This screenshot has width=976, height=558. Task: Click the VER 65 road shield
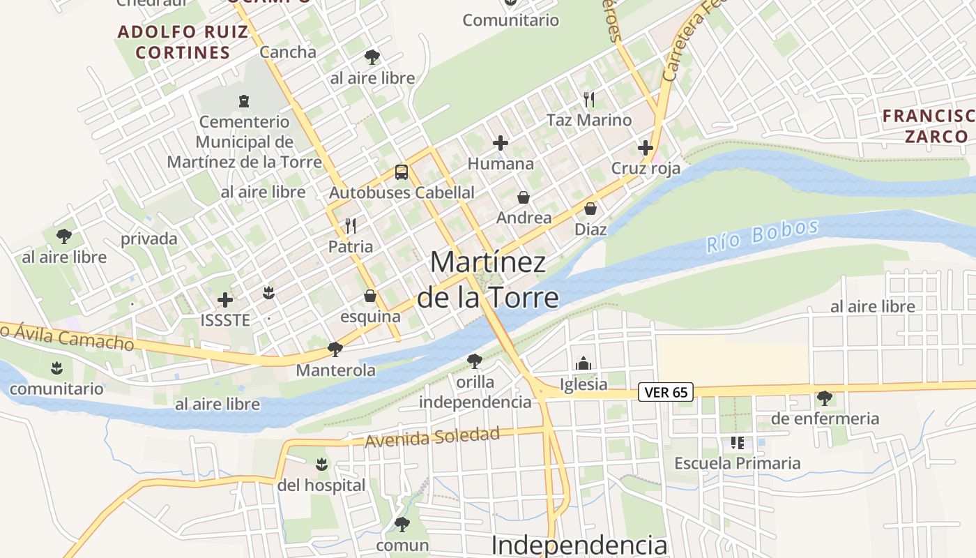[666, 392]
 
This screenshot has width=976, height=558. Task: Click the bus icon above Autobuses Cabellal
[402, 172]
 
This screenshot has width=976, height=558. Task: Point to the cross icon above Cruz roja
[646, 148]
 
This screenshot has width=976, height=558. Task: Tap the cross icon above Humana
[500, 144]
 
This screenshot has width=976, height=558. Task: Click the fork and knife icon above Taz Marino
[589, 100]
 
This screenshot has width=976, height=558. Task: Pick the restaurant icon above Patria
[351, 225]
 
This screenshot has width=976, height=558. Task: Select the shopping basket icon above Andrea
[524, 197]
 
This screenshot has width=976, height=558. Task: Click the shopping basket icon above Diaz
[590, 209]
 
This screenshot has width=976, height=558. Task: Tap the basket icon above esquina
[370, 296]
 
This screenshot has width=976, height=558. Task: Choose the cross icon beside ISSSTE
[225, 300]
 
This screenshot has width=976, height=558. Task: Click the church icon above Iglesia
[583, 363]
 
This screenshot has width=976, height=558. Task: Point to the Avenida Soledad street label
[432, 438]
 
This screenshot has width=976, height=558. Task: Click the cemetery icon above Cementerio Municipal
[243, 101]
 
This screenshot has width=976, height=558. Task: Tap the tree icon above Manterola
[335, 349]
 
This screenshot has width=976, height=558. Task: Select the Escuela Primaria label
[738, 463]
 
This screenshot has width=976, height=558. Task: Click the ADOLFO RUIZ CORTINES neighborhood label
[183, 42]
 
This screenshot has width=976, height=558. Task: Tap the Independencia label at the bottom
[579, 545]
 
